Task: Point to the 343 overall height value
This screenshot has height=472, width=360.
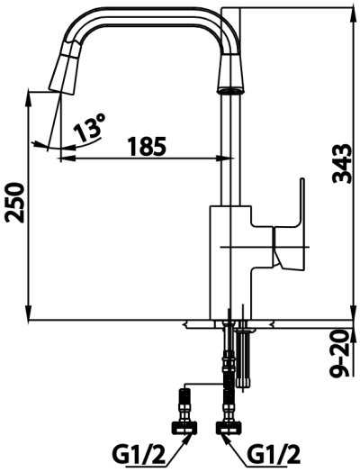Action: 343,161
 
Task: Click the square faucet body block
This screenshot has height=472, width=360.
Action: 233,261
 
